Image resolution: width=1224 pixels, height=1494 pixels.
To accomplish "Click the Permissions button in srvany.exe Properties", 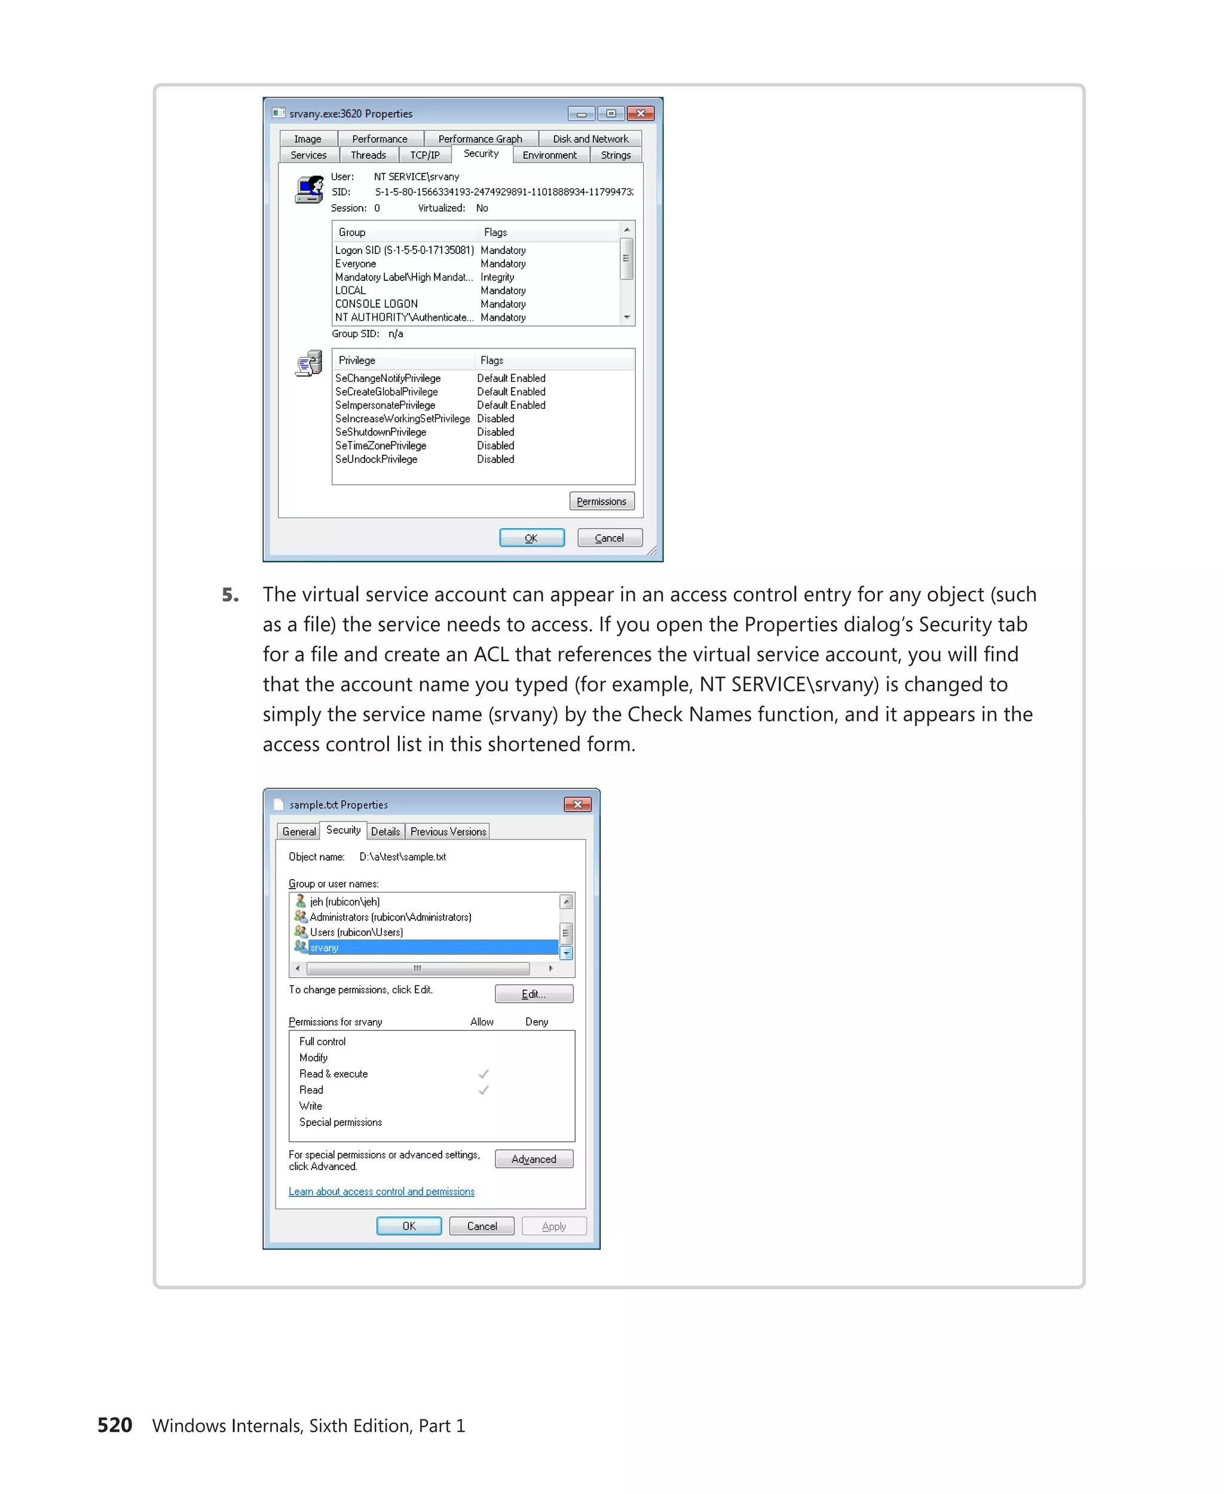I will tap(601, 501).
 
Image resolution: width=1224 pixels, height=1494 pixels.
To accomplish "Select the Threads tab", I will tap(368, 155).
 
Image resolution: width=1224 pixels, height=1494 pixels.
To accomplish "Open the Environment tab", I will tap(549, 155).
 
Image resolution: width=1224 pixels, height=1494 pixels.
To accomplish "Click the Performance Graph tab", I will tap(479, 139).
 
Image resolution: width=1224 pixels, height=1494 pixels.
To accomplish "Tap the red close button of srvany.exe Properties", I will tap(640, 114).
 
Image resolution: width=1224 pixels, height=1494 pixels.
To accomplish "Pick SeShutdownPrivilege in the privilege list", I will tap(381, 432).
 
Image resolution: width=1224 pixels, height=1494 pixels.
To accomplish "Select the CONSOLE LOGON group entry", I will tap(376, 304).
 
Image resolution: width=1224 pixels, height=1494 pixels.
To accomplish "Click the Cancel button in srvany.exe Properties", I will tap(609, 538).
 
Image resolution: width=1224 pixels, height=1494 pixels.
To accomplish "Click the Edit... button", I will tap(533, 994).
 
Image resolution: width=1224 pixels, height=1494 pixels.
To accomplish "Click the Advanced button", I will tap(533, 1159).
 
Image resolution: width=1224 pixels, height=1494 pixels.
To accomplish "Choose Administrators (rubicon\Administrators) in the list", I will tap(390, 917).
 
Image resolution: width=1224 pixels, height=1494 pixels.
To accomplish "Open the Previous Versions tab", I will tap(448, 832).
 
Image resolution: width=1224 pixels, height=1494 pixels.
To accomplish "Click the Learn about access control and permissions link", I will tap(381, 1192).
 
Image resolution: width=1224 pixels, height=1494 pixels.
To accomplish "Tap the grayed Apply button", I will tap(553, 1227).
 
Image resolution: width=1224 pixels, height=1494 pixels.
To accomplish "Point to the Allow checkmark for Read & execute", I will tap(483, 1074).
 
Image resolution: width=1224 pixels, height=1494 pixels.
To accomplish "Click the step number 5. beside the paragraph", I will tap(230, 595).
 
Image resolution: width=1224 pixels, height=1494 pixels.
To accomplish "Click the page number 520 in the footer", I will tap(115, 1425).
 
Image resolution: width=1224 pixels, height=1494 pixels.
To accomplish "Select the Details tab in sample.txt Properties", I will tap(385, 832).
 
